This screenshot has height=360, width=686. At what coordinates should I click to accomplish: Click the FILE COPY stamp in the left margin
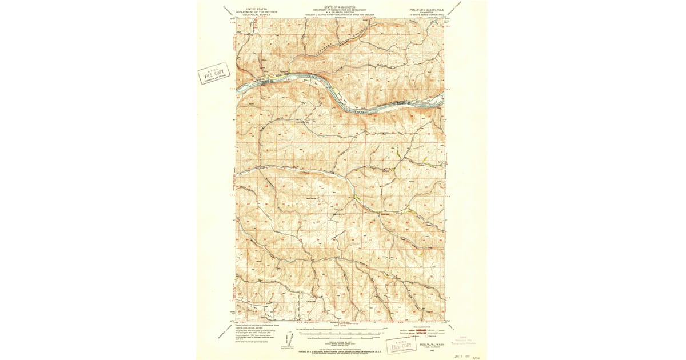(213, 74)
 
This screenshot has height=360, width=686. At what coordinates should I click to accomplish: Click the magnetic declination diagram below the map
(289, 339)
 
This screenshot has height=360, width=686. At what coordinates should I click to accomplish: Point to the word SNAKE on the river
(312, 76)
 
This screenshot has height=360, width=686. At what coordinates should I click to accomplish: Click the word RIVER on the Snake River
(362, 113)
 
